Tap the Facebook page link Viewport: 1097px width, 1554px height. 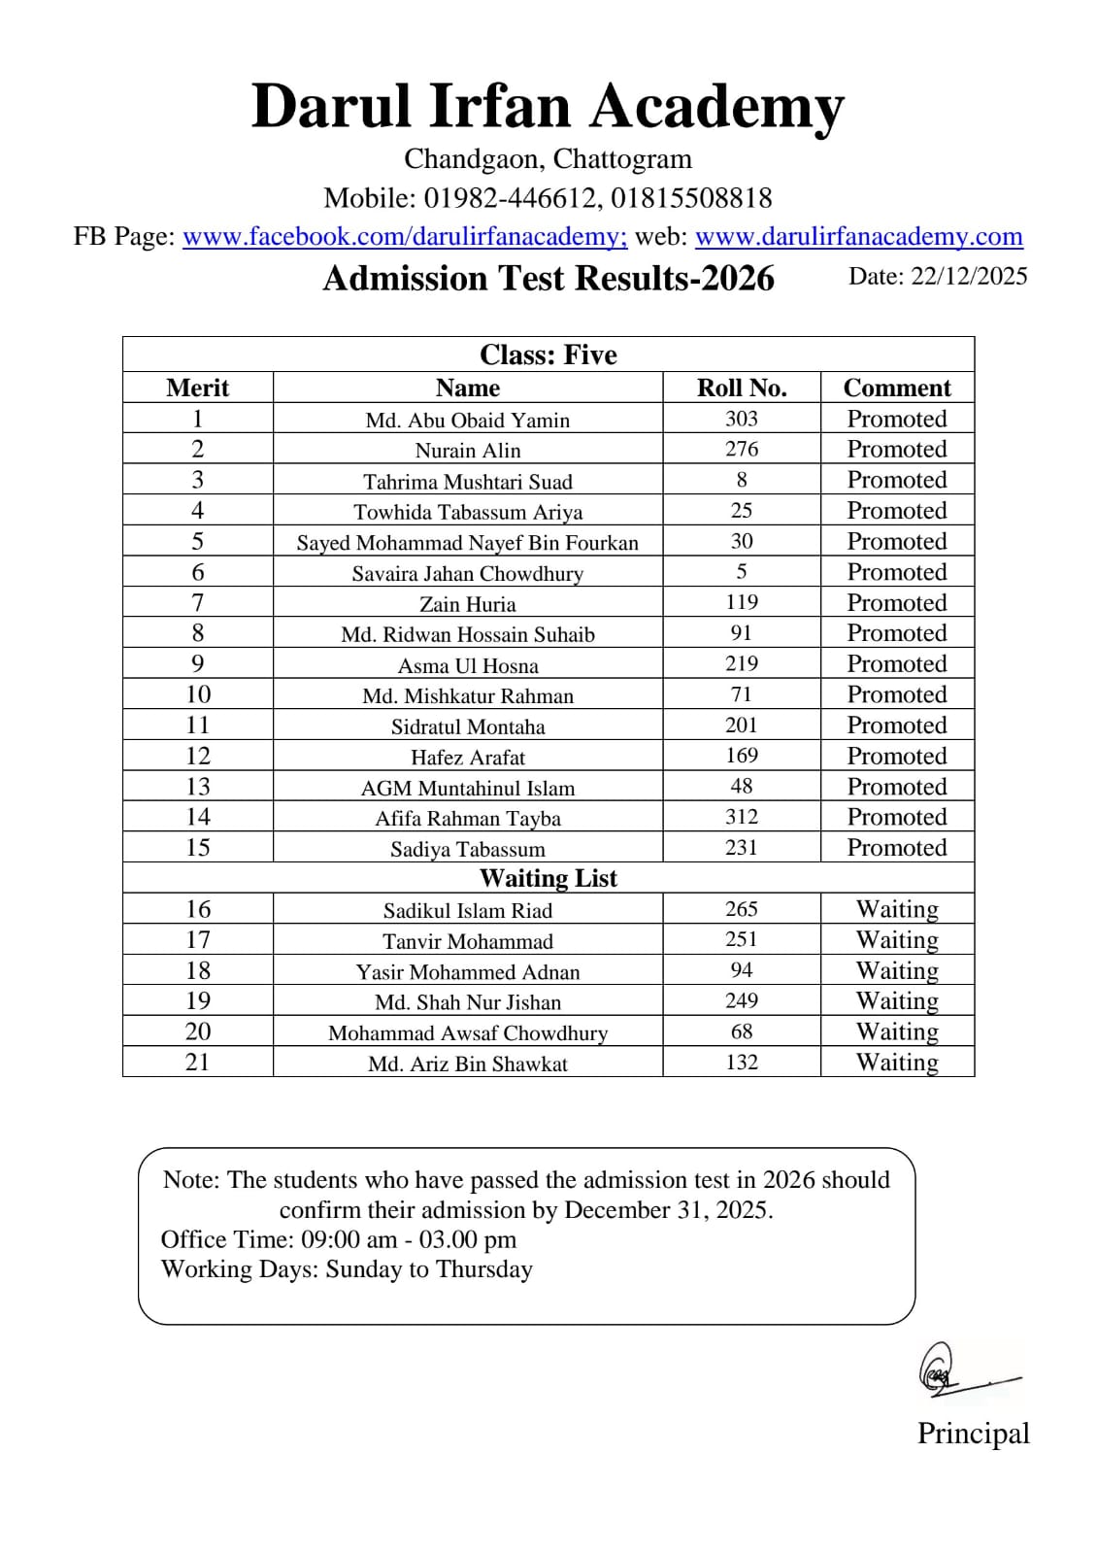[x=405, y=236]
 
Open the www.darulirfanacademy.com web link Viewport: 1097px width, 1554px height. [x=858, y=236]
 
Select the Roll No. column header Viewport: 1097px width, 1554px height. [x=742, y=388]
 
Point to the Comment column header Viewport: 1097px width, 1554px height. [x=897, y=388]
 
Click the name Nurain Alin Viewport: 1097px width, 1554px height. [x=468, y=450]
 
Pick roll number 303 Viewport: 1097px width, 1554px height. [x=742, y=419]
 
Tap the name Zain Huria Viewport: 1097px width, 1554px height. [x=468, y=603]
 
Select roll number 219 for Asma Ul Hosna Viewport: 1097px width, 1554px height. [x=742, y=663]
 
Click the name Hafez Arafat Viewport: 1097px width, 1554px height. [x=468, y=757]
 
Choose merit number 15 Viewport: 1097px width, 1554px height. [x=198, y=847]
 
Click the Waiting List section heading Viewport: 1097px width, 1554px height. [x=548, y=878]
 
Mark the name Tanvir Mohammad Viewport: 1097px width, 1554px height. [x=468, y=940]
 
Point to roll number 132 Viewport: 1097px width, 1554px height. [x=742, y=1062]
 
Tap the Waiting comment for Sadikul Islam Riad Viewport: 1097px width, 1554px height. [x=897, y=909]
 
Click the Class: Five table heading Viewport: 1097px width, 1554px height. [x=548, y=355]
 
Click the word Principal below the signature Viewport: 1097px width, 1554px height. [x=973, y=1434]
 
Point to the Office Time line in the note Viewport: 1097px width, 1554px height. [x=339, y=1239]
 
